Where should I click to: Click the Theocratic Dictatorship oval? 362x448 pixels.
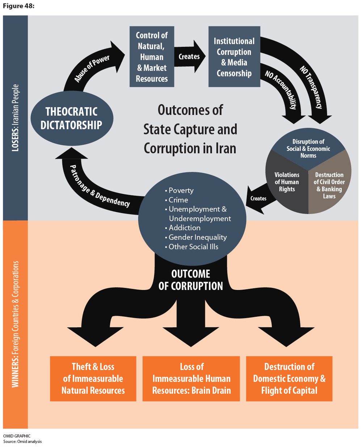coord(72,118)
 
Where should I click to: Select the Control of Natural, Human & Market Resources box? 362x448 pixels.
coord(152,57)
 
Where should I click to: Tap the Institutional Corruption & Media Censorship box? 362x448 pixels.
coord(234,57)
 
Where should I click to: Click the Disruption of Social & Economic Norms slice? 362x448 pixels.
coord(308,149)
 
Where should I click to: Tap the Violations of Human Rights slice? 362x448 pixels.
coord(287,182)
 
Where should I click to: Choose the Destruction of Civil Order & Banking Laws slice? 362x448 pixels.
coord(329,185)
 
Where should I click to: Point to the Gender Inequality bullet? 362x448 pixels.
coord(197,237)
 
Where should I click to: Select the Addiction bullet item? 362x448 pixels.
coord(184,228)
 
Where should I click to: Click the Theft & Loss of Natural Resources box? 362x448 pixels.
coord(93,379)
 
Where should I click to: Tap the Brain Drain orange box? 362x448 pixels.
coord(191,379)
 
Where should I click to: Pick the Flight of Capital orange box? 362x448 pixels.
coord(289,379)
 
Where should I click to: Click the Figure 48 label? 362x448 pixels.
coord(18,6)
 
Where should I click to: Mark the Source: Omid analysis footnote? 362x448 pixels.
coord(22,441)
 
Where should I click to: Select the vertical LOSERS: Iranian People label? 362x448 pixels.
coord(15,118)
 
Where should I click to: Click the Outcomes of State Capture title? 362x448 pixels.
coord(190,129)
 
